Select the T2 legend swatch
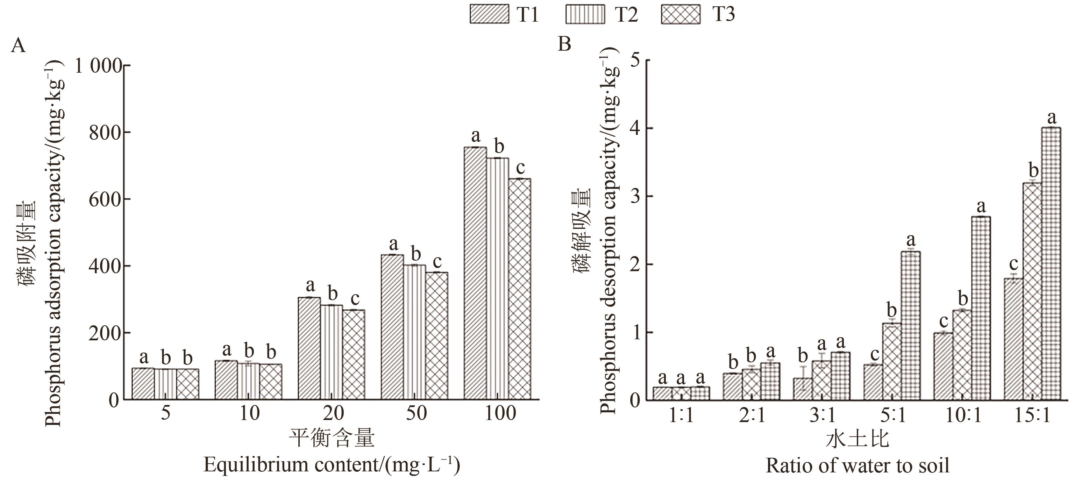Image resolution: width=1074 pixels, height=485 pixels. (x=585, y=15)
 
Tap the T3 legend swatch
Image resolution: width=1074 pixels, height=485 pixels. (x=681, y=15)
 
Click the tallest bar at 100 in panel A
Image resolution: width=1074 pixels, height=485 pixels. (x=475, y=273)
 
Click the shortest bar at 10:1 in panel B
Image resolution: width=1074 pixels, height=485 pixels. (x=943, y=366)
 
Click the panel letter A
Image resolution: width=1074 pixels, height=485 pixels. (x=18, y=45)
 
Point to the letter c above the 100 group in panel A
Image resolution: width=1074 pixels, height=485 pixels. (x=520, y=168)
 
